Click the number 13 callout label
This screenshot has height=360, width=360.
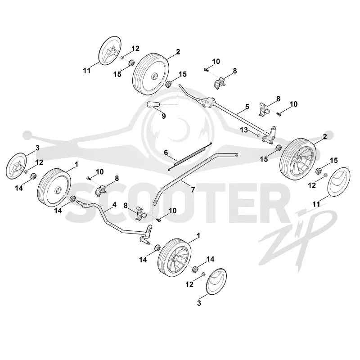tap(244, 130)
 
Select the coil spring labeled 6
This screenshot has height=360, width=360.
tap(190, 157)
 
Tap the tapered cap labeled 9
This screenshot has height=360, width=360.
tap(153, 104)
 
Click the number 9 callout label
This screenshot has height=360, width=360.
tap(164, 116)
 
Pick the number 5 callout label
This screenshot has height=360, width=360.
tap(247, 107)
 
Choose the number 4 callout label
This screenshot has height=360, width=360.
tap(114, 205)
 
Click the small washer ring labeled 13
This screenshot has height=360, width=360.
tap(258, 135)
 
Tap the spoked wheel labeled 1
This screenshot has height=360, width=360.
tap(175, 257)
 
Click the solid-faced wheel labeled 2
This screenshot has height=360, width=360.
tap(151, 74)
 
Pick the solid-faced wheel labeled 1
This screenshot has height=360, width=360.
tap(54, 188)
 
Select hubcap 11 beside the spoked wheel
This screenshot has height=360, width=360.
tap(339, 182)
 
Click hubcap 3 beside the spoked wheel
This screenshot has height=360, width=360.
tap(216, 281)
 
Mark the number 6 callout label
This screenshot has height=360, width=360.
tap(166, 153)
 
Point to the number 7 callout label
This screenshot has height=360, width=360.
tap(193, 189)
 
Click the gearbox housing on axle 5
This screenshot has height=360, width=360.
tap(208, 102)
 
